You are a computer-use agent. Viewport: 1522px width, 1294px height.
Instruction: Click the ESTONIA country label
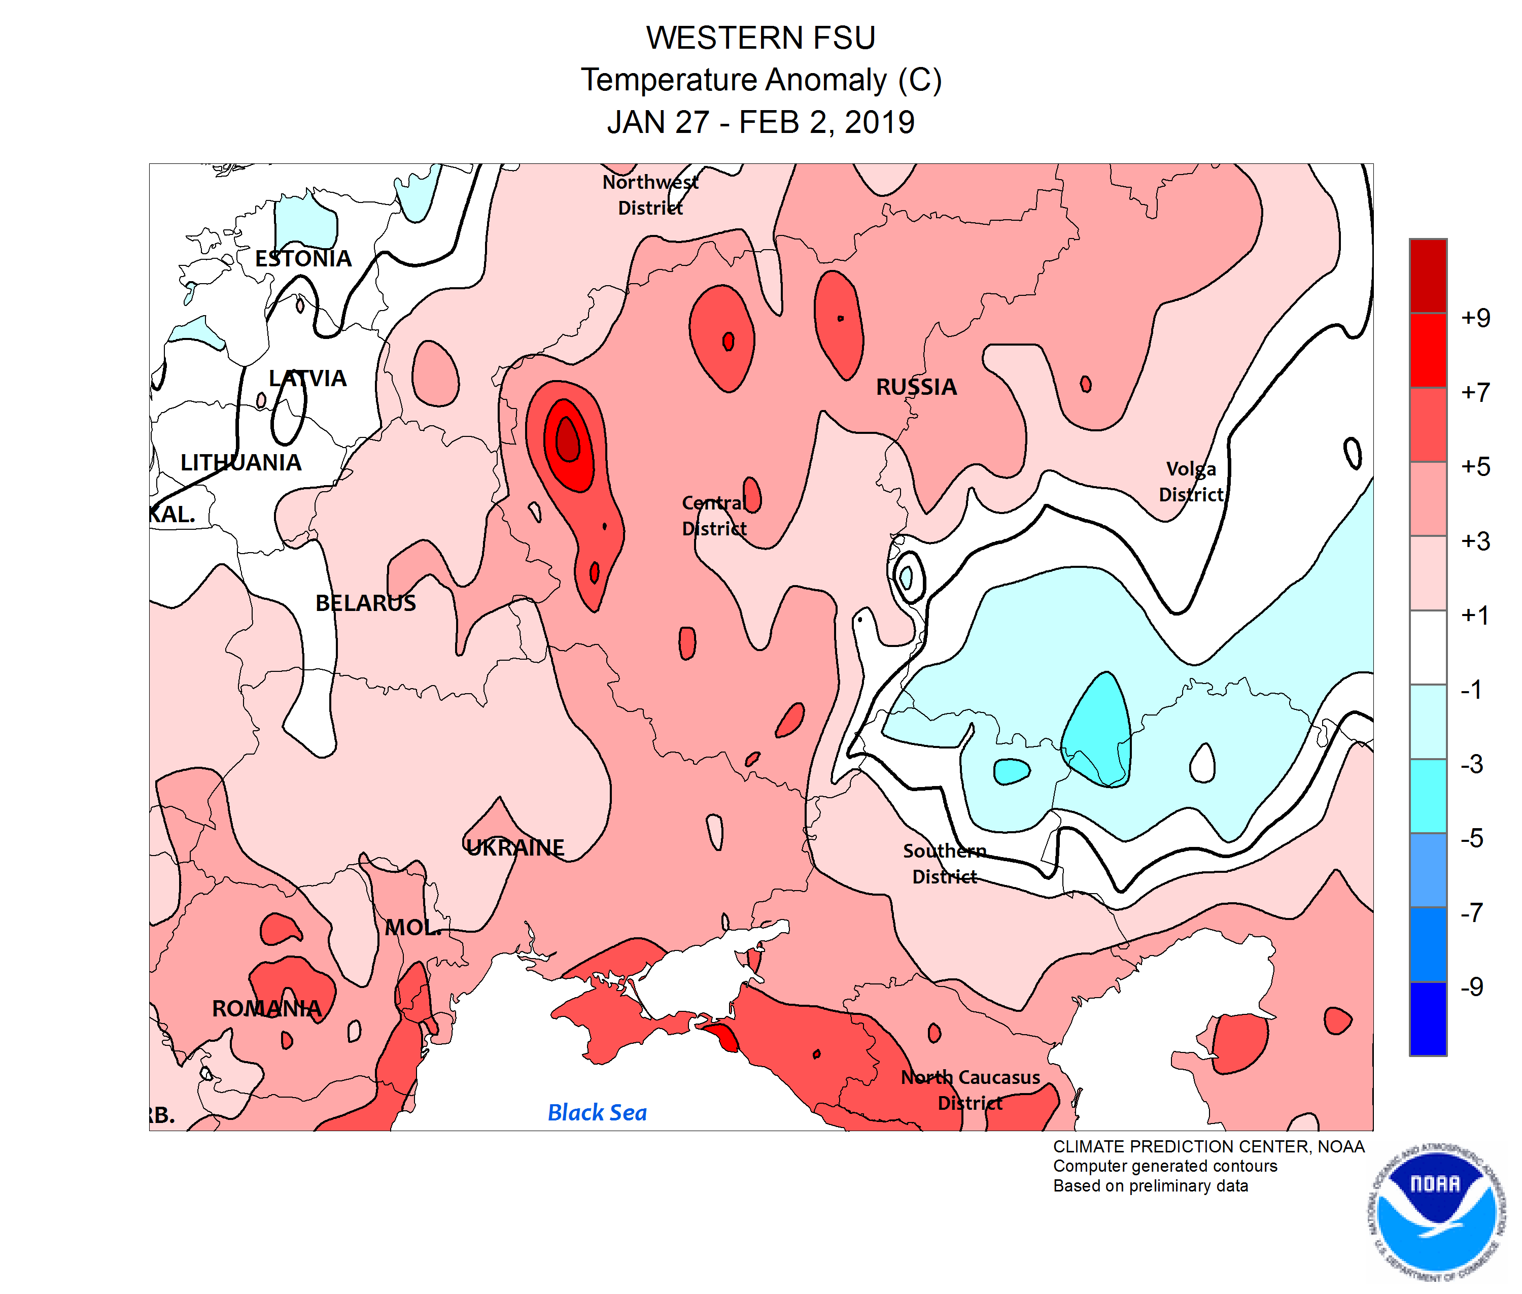(x=303, y=258)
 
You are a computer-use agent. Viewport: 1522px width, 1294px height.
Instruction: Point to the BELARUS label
(x=365, y=602)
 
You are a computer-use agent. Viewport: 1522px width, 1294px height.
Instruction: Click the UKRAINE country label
(x=515, y=847)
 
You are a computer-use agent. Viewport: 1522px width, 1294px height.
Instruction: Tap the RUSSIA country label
(x=916, y=387)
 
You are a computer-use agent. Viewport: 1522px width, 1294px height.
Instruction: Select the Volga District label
(x=1191, y=481)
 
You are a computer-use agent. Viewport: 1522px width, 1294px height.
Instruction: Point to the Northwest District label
(x=650, y=194)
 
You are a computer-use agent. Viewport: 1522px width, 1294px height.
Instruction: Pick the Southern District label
(x=944, y=863)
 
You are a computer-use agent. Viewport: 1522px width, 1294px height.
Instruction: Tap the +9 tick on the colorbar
(x=1475, y=318)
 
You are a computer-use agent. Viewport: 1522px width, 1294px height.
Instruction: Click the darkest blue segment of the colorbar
(x=1427, y=1018)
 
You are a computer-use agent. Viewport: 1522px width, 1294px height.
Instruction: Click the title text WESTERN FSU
(x=760, y=38)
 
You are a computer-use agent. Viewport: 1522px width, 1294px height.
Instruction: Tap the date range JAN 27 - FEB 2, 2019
(x=760, y=122)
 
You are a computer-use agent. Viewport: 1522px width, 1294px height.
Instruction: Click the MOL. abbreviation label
(x=413, y=927)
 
